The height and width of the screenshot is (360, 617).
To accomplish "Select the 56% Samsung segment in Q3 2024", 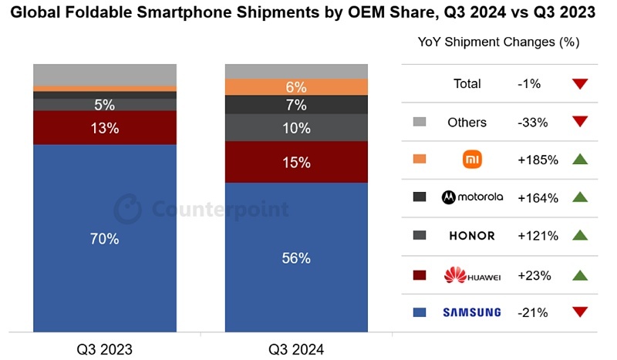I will [x=296, y=257].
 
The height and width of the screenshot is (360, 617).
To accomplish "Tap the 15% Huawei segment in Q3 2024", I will [x=296, y=162].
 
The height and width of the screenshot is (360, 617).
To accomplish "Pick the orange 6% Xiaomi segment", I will [x=296, y=87].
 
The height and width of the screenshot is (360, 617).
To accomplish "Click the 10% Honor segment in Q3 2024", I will [x=296, y=128].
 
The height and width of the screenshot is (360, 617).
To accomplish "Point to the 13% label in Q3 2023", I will [x=104, y=128].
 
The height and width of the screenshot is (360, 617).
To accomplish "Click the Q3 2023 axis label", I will [x=104, y=348].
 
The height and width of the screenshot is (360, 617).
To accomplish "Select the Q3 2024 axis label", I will [x=296, y=348].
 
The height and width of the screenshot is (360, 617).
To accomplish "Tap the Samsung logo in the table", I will [x=472, y=312].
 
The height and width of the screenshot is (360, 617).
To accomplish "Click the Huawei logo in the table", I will [x=472, y=274].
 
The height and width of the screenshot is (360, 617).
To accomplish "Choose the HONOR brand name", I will [x=472, y=236].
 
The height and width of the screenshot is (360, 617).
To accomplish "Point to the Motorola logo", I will [x=472, y=197].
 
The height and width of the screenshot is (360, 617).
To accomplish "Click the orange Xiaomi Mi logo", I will [x=472, y=160].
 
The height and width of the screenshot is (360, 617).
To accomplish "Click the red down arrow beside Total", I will [x=581, y=83].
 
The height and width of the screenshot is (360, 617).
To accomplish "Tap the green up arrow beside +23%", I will [x=581, y=274].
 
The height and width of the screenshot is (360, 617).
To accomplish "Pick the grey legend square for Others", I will [x=420, y=122].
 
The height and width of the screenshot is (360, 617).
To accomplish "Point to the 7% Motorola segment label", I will [x=296, y=105].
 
